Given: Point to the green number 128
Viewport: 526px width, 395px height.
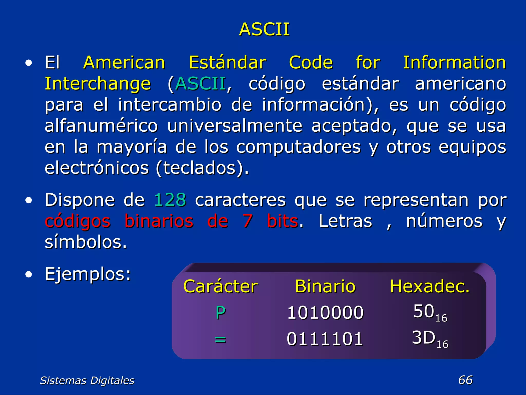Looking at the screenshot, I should [x=170, y=200].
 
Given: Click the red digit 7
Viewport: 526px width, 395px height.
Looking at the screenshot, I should [x=248, y=221].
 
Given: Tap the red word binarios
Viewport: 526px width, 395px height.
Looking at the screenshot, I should [x=159, y=221].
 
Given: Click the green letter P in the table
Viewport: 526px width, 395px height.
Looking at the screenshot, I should [x=221, y=313].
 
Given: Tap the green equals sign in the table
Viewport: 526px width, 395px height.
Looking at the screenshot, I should [x=220, y=339].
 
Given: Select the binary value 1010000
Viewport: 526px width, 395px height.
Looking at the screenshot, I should [x=325, y=313].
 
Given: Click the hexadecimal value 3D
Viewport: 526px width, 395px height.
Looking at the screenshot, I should [x=424, y=337].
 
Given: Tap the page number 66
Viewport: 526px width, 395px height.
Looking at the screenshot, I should [x=465, y=380].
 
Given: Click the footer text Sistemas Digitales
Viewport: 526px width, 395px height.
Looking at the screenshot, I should [x=87, y=380].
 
